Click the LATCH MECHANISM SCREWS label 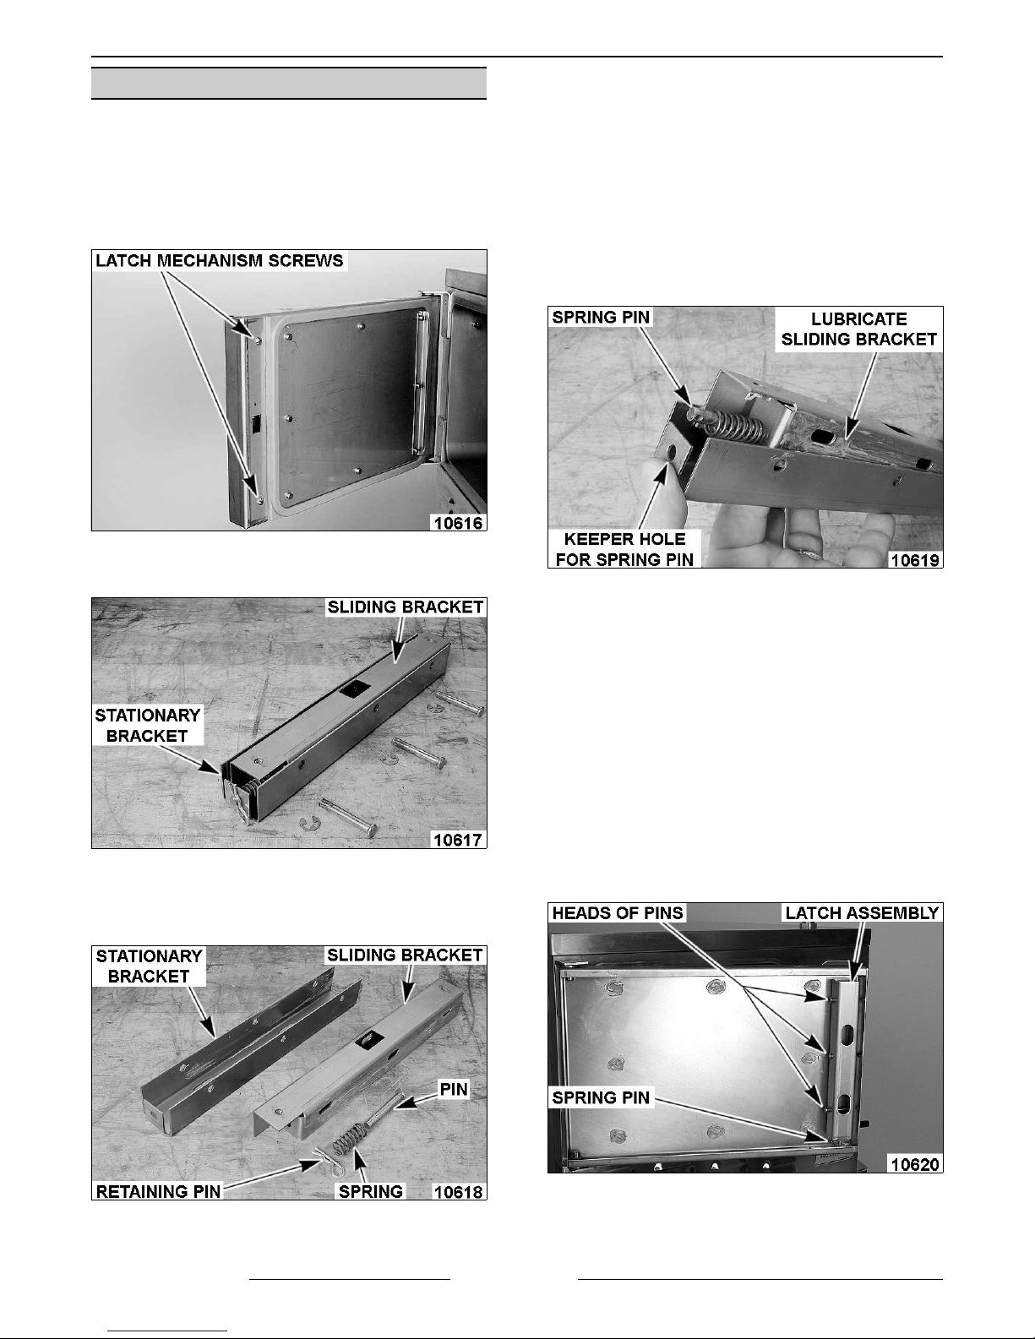coord(220,261)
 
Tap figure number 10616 coord(458,523)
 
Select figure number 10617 coord(458,839)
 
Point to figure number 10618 coord(458,1192)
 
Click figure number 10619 coord(915,560)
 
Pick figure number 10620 coord(915,1164)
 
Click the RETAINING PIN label coord(158,1192)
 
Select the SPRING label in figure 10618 coord(371,1192)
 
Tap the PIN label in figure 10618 coord(454,1090)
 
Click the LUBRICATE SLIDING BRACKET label coord(858,329)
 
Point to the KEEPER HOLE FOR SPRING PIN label coord(624,549)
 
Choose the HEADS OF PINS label coord(618,912)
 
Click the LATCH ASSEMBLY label coord(862,912)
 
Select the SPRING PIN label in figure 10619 coord(601,318)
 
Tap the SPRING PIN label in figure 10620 coord(601,1097)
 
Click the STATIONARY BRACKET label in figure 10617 coord(148,726)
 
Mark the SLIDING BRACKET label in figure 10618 coord(405,955)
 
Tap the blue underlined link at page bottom coord(167,1331)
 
